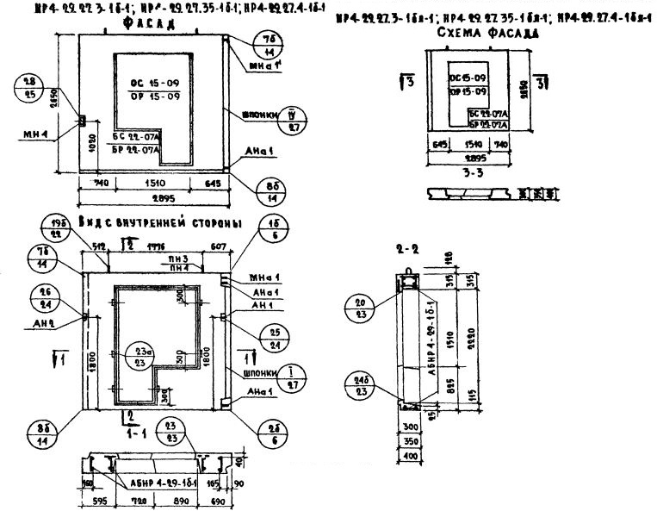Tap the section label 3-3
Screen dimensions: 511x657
click(x=475, y=172)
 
